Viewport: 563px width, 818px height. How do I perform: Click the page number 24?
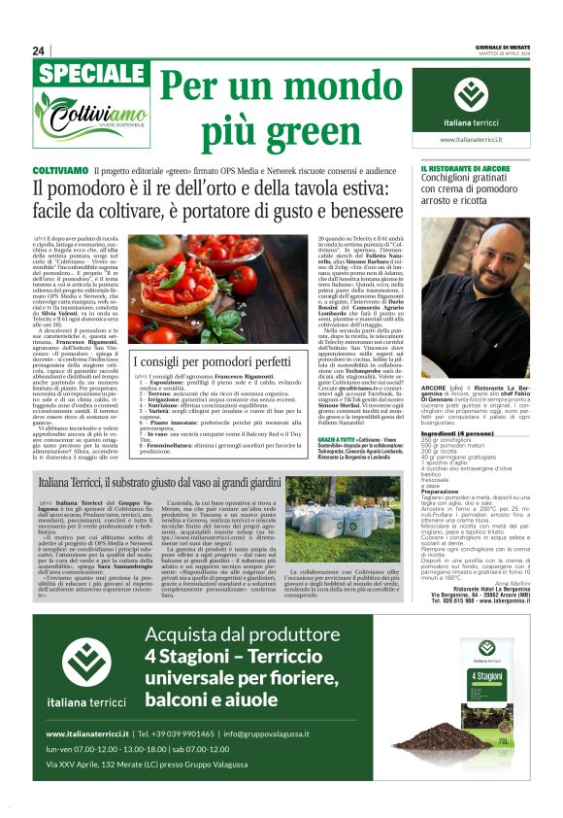coord(38,51)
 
